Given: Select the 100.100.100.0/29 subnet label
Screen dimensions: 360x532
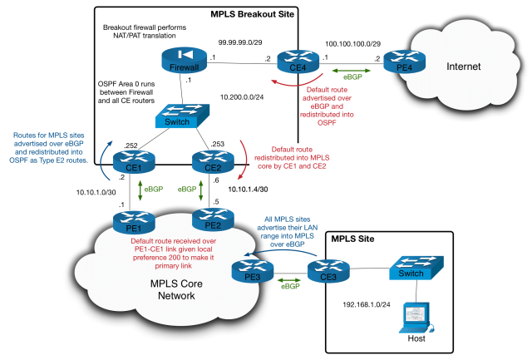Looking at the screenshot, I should (x=354, y=41).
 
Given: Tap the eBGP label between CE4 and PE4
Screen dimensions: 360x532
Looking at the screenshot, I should (x=353, y=72).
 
